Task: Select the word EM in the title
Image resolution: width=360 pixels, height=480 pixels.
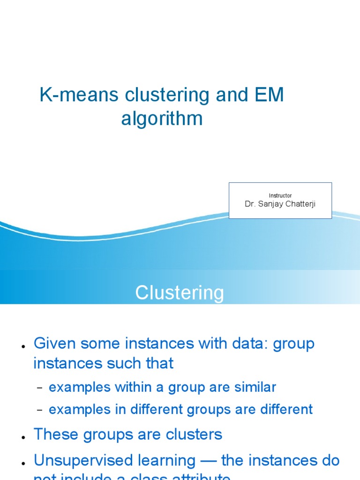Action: pos(269,95)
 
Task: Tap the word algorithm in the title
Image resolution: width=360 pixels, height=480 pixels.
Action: pos(162,119)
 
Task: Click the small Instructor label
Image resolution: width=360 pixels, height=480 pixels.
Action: pos(280,195)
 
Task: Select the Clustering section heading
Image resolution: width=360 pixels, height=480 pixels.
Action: pos(180,293)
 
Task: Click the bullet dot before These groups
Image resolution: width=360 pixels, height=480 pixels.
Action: pos(23,437)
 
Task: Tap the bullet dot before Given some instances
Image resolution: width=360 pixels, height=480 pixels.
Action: pos(23,346)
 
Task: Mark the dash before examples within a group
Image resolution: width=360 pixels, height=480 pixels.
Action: pos(40,388)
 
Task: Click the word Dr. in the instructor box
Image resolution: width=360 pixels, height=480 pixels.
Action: pos(250,204)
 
